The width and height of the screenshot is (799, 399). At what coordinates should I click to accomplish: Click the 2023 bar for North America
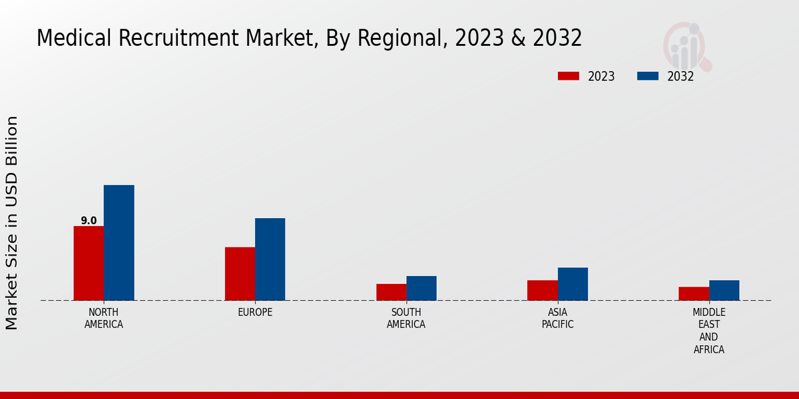point(89,263)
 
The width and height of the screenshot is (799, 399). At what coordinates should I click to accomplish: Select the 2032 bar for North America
point(119,243)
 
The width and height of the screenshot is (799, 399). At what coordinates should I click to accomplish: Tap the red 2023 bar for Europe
point(240,274)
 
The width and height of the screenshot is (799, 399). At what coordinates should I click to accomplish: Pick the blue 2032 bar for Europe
point(270,259)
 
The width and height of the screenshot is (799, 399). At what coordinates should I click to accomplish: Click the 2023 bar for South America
point(391,293)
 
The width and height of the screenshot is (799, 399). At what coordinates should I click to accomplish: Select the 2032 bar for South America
point(421,289)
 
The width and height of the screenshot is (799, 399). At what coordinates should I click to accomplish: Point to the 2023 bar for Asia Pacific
point(542,291)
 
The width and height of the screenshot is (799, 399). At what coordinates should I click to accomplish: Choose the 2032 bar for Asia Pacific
point(573,284)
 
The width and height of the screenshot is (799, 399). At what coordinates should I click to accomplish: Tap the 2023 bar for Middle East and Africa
point(694,294)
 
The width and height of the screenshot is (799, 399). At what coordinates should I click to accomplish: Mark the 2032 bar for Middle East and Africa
point(724,291)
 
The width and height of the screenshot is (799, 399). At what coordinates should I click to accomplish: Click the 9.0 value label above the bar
point(89,221)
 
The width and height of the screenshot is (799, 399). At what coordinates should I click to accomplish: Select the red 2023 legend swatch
point(568,76)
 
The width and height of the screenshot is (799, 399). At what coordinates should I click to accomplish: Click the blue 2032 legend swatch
point(647,76)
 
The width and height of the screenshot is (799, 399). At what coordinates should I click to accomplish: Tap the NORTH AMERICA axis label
point(104,319)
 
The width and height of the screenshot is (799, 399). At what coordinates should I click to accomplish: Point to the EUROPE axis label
point(255,313)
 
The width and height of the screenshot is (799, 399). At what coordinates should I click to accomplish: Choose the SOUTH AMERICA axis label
point(406,319)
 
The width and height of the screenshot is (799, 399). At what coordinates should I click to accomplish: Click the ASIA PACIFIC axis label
point(557,319)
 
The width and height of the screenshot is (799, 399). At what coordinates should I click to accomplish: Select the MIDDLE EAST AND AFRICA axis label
point(709,331)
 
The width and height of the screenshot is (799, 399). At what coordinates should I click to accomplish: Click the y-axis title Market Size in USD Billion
point(12,223)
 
